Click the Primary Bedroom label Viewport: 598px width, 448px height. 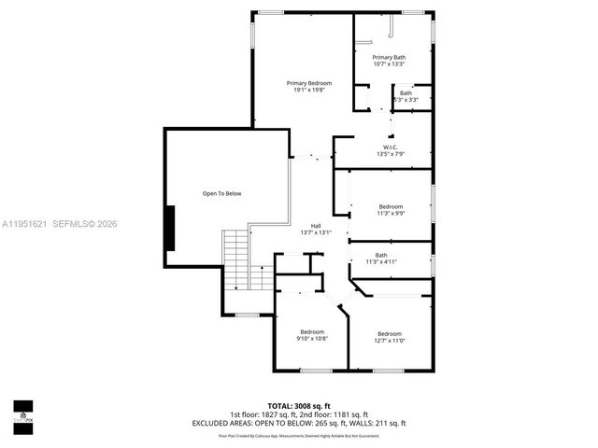pos(308,83)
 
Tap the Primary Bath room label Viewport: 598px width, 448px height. pos(389,58)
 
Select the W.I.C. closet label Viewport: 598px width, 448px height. pos(390,147)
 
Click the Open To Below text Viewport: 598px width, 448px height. pos(221,193)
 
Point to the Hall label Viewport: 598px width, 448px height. pos(316,226)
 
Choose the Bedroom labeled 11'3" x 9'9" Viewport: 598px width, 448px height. pos(391,206)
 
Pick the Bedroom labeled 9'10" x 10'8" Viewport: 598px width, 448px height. pos(311,331)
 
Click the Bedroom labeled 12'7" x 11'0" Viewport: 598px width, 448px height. pos(390,334)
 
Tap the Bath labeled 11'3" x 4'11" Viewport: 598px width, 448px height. pos(381,255)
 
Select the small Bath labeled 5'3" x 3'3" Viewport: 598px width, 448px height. pos(406,92)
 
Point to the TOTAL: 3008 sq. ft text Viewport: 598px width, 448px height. pos(299,406)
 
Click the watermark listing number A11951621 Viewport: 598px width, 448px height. pos(27,223)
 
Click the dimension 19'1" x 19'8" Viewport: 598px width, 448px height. pos(308,91)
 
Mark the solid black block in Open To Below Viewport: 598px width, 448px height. pos(170,228)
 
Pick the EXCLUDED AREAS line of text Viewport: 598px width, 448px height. pos(299,423)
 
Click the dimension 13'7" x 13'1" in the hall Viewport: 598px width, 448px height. pos(316,233)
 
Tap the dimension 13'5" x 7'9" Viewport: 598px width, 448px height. pos(390,154)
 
